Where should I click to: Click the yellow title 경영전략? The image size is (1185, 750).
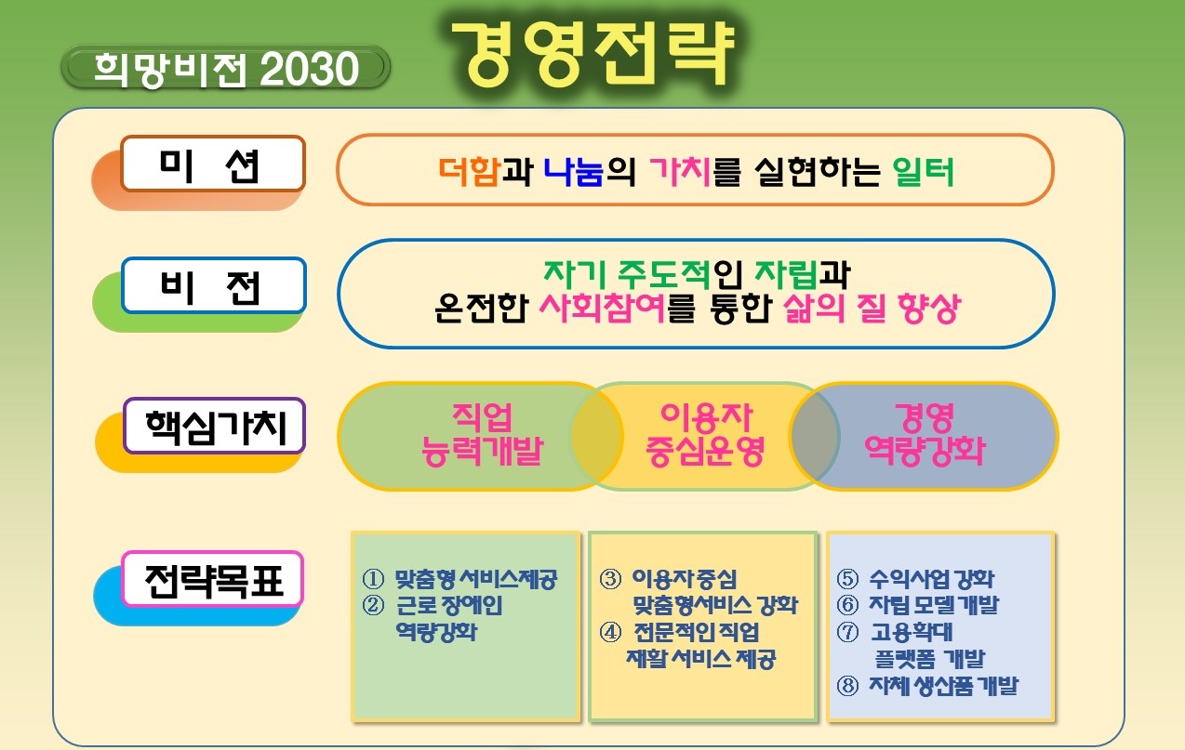coord(593,54)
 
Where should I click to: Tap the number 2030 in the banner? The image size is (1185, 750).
coord(310,70)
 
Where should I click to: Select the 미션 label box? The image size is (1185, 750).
coord(213,164)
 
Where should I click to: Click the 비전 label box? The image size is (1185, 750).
coord(214,285)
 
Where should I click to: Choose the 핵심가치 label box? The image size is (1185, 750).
coord(214,426)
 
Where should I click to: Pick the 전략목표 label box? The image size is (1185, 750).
coord(213,579)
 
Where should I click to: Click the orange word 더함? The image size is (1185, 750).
coord(470,171)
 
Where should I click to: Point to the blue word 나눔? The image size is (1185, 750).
coord(574,171)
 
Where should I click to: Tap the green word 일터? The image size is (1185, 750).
coord(923,171)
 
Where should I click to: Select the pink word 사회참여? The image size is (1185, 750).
coord(602,308)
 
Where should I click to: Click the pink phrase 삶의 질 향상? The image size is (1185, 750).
coord(872,308)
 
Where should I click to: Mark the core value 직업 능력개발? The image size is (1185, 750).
coord(482,434)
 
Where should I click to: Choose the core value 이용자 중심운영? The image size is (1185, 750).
coord(705,434)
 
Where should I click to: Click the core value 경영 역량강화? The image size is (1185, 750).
coord(925,434)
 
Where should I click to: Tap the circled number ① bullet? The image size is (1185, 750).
coord(373,579)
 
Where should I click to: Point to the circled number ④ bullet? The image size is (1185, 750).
coord(610,632)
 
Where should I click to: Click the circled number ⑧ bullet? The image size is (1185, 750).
coord(847,686)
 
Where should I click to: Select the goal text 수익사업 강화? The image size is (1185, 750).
coord(932,579)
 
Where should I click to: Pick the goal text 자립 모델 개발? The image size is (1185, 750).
coord(934,605)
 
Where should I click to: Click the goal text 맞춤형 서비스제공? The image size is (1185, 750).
coord(476,579)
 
